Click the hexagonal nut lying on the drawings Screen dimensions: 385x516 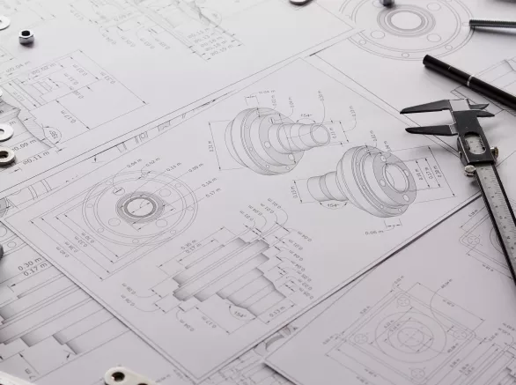26,36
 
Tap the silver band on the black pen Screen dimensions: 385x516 470,80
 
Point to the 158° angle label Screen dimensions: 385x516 239,313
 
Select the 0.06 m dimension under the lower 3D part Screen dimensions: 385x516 373,232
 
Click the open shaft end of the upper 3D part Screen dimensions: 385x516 319,135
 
